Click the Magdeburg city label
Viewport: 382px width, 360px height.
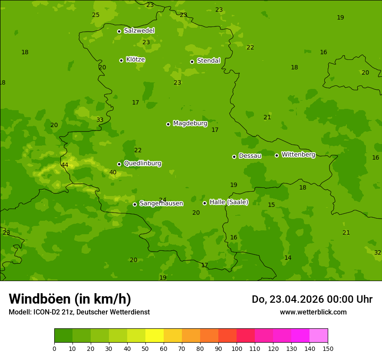coord(190,124)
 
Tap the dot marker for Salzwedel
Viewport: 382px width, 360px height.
coord(119,31)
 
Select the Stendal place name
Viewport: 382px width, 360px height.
coord(208,61)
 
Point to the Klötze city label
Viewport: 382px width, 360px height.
coord(135,59)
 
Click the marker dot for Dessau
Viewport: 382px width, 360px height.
coord(234,157)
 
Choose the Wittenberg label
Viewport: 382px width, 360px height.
coord(298,154)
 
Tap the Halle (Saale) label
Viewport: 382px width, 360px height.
coord(229,202)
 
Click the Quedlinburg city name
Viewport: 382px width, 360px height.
coord(142,164)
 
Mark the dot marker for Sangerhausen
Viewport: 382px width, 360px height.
coord(135,204)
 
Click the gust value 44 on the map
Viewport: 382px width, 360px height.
coord(65,165)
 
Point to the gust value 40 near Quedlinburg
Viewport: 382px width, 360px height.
coord(113,173)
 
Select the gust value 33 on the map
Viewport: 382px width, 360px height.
coord(100,120)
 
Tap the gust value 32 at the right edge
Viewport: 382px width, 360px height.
coord(377,252)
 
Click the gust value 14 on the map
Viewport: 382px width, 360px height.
coord(288,258)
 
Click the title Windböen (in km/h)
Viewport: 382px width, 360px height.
coord(70,299)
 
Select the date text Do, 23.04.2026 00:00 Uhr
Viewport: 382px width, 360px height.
coord(312,299)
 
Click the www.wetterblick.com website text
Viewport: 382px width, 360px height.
coord(313,312)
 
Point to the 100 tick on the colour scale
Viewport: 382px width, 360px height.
coord(237,348)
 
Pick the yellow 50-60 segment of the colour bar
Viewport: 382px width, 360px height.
coord(155,336)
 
